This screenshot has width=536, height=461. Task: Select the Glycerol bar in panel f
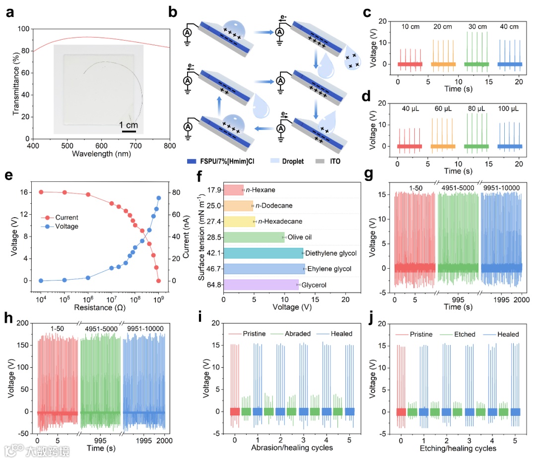(x=262, y=284)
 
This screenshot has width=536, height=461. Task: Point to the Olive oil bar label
(x=300, y=237)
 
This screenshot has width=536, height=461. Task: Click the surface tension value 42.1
(x=214, y=253)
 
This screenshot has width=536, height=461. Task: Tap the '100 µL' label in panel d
(x=509, y=105)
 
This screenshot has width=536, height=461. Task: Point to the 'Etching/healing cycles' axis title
(x=457, y=448)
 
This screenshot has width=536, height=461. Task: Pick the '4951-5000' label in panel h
(x=100, y=328)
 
